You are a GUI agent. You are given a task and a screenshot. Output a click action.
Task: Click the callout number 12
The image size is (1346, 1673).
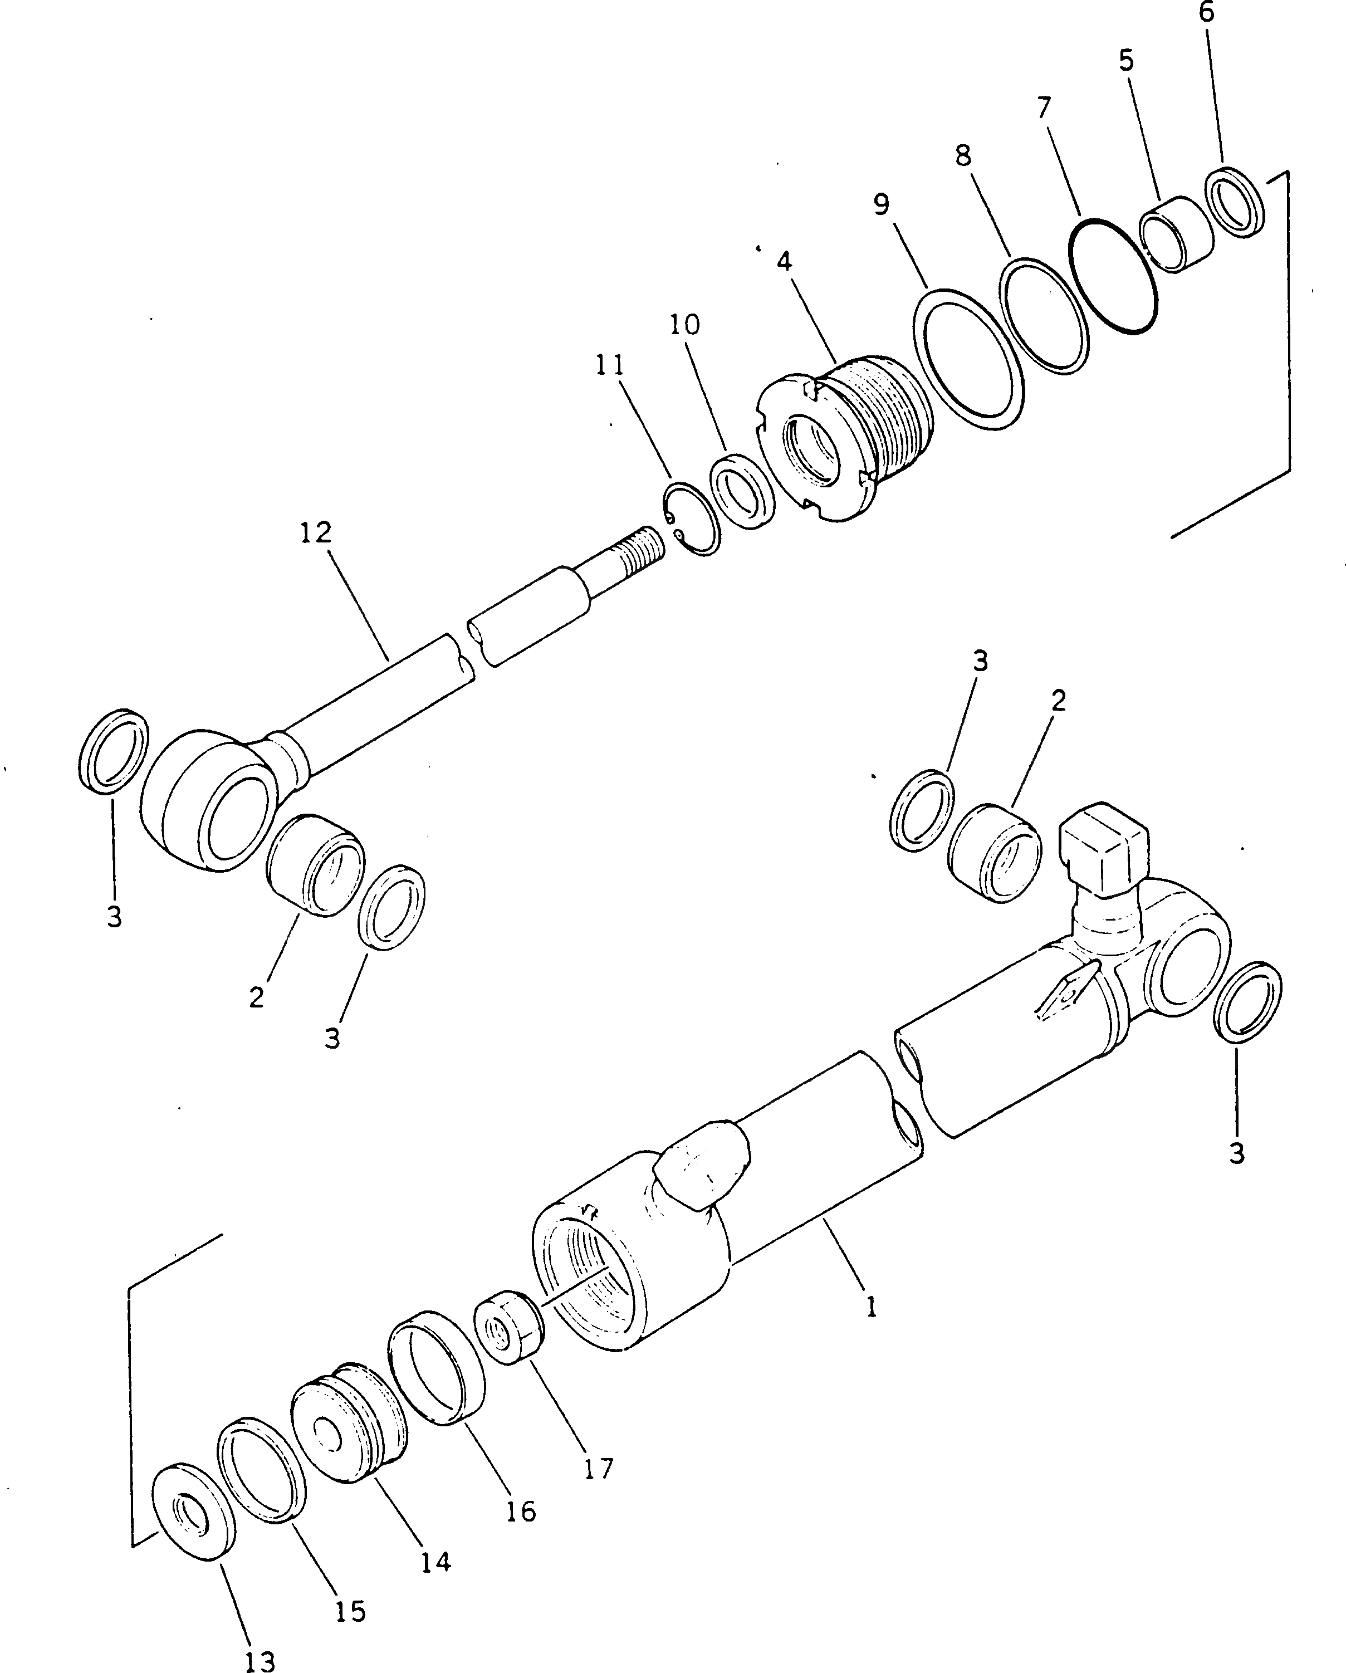[x=316, y=533]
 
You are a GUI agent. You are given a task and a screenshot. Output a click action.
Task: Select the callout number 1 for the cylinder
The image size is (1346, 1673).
[x=872, y=1308]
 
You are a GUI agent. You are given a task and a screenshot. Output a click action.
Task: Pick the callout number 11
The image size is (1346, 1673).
[x=610, y=365]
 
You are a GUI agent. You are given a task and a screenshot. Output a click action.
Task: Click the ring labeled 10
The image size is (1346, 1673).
[x=742, y=492]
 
